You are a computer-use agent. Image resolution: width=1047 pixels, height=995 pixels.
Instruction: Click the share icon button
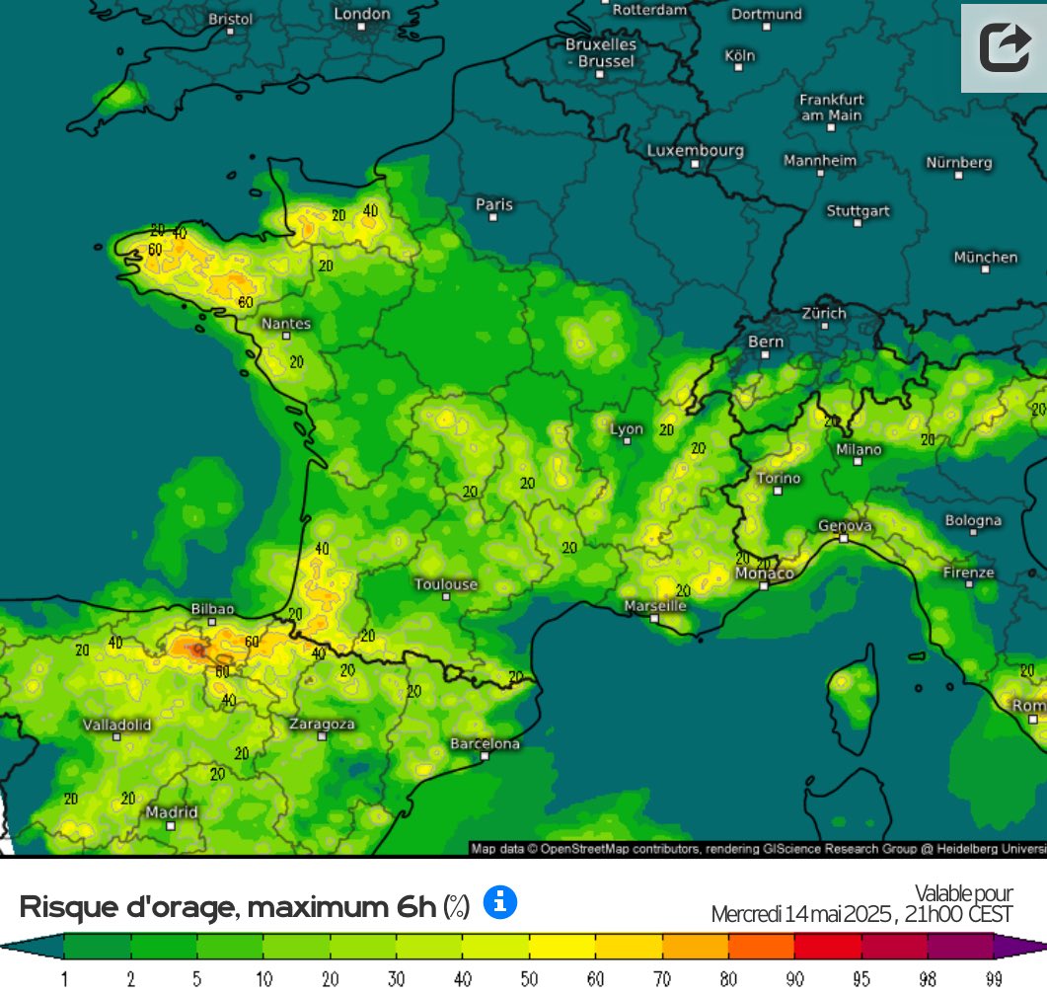[x=1004, y=47]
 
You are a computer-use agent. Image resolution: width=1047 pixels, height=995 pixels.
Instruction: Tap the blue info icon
[x=500, y=902]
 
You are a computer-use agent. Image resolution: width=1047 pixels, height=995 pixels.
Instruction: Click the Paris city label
[x=494, y=204]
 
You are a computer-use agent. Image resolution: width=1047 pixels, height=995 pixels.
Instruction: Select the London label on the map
[x=362, y=14]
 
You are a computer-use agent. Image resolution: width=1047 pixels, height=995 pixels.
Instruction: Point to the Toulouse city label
[x=446, y=584]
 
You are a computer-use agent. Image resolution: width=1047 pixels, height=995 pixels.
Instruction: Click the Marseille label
[x=655, y=605]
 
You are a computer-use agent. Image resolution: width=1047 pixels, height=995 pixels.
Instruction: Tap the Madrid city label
[x=172, y=812]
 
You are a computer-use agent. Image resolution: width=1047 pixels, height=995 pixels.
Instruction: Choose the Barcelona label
[x=485, y=743]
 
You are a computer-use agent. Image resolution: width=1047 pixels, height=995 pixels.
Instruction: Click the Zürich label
[x=824, y=313]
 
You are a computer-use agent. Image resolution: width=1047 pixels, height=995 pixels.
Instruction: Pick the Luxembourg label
[x=696, y=151]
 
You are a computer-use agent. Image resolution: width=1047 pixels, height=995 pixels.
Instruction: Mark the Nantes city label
[x=286, y=324]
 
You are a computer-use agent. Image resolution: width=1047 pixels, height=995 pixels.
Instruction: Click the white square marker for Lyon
[x=627, y=441]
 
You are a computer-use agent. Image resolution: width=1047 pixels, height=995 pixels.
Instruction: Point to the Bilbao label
[x=212, y=609]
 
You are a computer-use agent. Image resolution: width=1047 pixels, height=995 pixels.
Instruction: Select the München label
[x=985, y=257]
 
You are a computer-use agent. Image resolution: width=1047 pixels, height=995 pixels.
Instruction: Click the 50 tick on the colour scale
[x=530, y=979]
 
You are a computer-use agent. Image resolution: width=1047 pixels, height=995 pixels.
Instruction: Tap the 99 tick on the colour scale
[x=994, y=979]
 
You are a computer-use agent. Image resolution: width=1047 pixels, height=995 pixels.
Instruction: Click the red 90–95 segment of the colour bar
[x=827, y=947]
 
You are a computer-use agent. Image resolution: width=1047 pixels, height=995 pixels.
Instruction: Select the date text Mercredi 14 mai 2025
[x=801, y=915]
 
